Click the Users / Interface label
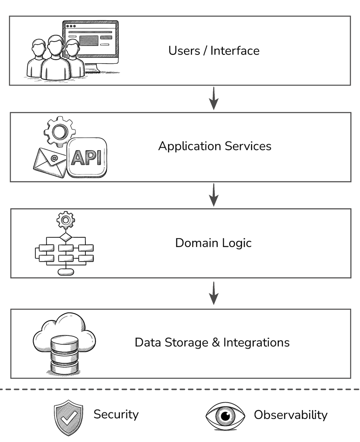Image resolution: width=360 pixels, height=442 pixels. tap(214, 50)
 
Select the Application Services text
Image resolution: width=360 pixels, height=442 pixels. tap(214, 146)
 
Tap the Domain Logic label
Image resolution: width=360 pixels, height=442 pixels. tap(213, 243)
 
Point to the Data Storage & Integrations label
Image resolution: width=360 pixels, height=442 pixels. tap(212, 343)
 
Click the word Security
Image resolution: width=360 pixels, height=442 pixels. tap(116, 414)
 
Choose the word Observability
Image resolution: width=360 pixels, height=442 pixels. tap(290, 415)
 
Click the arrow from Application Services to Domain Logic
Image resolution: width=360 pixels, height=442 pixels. tap(214, 194)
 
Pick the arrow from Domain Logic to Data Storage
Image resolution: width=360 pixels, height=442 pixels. tap(214, 293)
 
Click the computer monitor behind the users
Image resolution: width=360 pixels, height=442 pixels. tap(95, 42)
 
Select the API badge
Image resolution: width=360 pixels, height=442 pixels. tap(87, 157)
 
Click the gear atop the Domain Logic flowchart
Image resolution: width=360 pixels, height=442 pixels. tap(66, 220)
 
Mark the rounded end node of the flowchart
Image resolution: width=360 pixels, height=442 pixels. tap(66, 271)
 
